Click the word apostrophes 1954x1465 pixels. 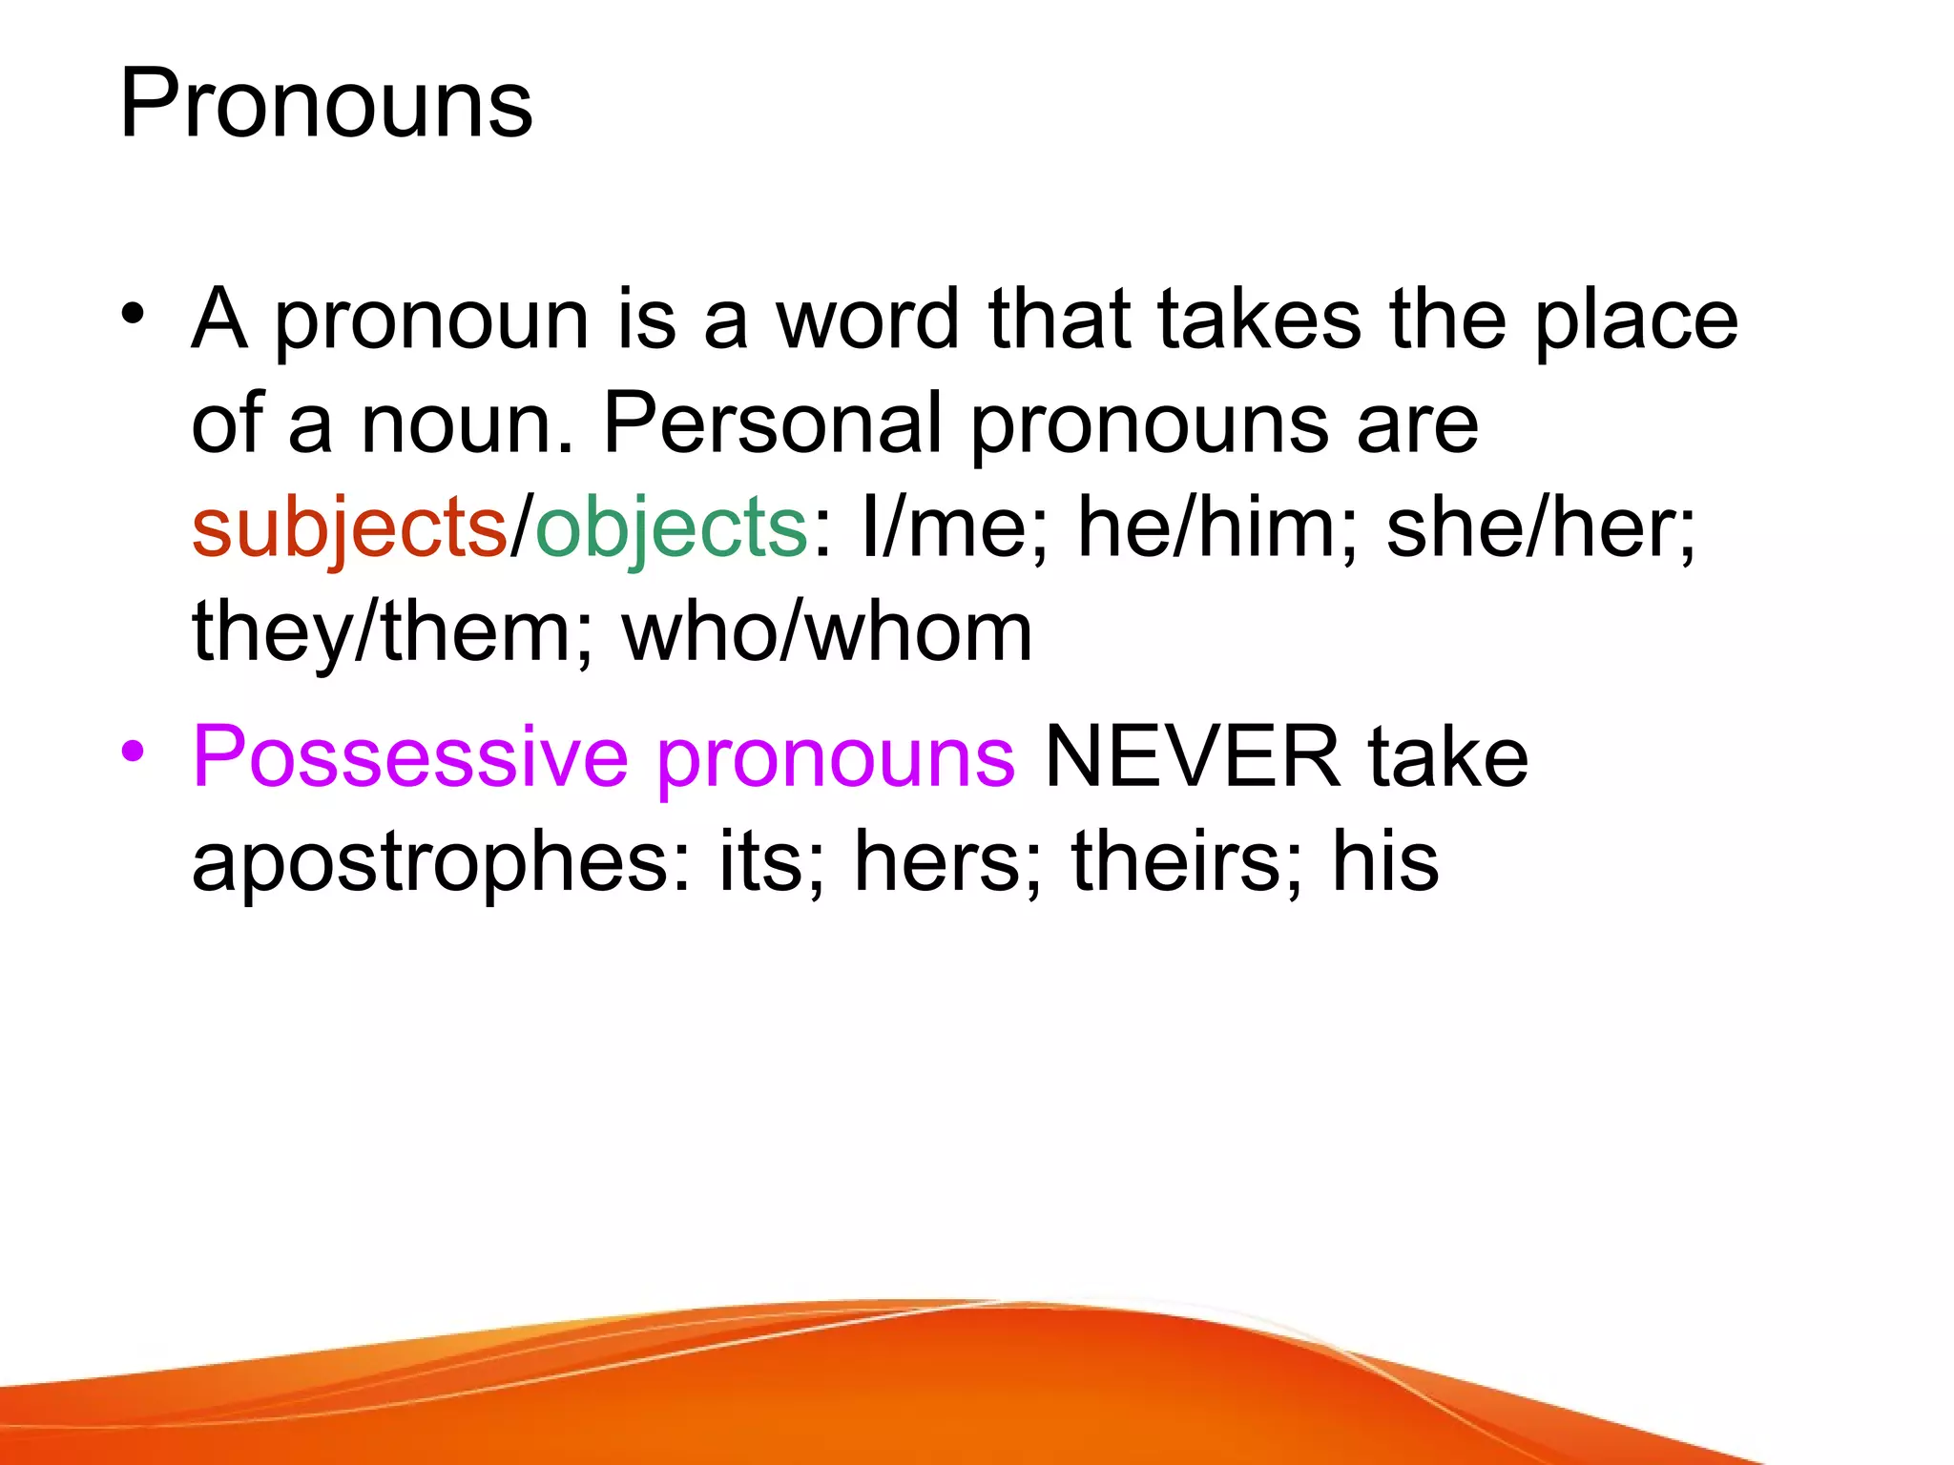point(440,861)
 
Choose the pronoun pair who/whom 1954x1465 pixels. point(827,632)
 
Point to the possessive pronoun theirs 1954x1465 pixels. point(1184,861)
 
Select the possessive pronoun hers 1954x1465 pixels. point(937,861)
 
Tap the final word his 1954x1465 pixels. point(1385,861)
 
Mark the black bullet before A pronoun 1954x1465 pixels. point(133,314)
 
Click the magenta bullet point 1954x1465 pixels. point(133,752)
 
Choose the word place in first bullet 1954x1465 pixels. point(1636,320)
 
